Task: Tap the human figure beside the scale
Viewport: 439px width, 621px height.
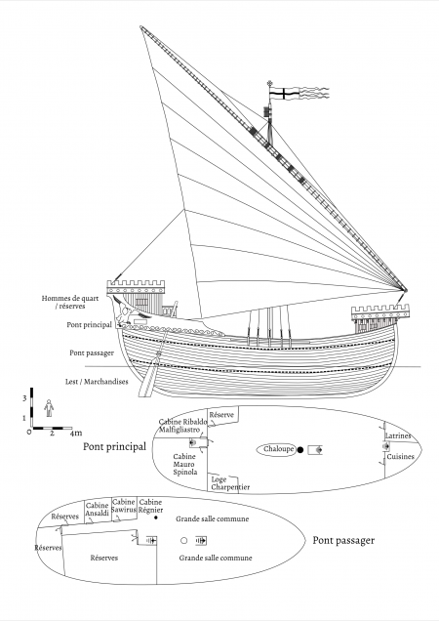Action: click(x=49, y=408)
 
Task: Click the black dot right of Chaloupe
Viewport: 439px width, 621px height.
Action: click(x=300, y=450)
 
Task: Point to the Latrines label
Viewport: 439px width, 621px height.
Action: click(x=398, y=435)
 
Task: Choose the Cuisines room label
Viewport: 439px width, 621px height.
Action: click(x=400, y=457)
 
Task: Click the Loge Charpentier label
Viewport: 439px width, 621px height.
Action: click(x=230, y=483)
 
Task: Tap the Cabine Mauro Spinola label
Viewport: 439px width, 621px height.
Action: click(x=184, y=464)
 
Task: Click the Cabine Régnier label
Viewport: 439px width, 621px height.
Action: click(x=151, y=506)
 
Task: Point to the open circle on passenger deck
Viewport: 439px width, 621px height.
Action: click(x=183, y=540)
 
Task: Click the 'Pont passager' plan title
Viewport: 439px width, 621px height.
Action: click(x=343, y=541)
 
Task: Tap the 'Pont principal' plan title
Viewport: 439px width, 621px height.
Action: click(x=114, y=447)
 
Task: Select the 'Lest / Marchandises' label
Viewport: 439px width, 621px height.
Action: click(x=97, y=382)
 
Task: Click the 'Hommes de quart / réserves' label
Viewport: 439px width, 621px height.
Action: click(x=70, y=302)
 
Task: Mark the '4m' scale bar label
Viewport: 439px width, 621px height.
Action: click(x=76, y=433)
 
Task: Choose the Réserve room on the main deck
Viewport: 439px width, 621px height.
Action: click(x=222, y=416)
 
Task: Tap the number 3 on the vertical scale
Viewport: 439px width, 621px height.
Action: click(x=24, y=398)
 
